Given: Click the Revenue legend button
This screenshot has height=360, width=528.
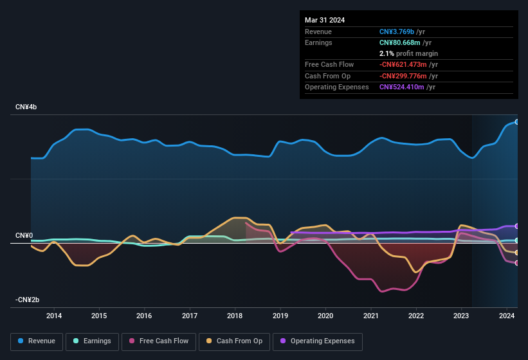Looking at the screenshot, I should (37, 341).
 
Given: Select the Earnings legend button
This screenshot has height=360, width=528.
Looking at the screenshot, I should (92, 341).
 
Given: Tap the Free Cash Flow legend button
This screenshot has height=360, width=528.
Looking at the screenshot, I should (159, 341).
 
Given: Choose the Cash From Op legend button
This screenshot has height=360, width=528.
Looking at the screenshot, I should (233, 341).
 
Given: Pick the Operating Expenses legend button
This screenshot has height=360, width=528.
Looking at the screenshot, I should (317, 341).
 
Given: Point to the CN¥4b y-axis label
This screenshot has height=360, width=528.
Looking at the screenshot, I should (26, 107).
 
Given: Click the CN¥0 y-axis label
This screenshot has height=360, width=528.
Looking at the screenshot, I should (24, 236).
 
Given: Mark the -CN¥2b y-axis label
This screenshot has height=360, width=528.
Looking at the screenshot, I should (28, 300).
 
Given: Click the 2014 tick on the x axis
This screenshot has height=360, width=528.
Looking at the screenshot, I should (54, 316).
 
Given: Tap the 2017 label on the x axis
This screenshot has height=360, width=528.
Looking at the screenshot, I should (190, 316).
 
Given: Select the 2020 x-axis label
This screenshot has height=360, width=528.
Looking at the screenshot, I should (325, 316).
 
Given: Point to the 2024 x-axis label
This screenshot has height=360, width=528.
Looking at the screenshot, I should (507, 316).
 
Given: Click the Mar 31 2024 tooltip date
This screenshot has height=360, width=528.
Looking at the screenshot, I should (325, 20).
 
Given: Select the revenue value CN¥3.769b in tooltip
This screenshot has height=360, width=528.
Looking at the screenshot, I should (397, 32).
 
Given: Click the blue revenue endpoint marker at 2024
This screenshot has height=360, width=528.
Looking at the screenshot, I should (517, 122).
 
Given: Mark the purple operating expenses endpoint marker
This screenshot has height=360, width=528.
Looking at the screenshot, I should (517, 226).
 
